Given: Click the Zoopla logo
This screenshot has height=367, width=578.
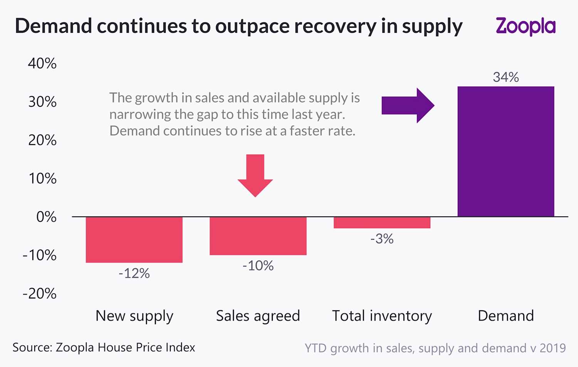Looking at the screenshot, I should click(525, 26).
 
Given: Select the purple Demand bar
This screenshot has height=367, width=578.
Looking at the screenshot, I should click(506, 152).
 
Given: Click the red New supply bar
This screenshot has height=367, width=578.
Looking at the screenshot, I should click(134, 239).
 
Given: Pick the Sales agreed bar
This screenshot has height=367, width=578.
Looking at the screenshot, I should click(258, 236).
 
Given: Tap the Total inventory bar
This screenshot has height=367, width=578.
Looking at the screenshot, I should click(382, 222).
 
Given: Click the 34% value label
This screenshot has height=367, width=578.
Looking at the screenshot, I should click(506, 77).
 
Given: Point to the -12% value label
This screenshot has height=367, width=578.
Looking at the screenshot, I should click(134, 273).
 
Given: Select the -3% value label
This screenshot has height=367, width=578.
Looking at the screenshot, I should click(382, 239).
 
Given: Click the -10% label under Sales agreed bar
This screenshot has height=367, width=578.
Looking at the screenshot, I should click(258, 266).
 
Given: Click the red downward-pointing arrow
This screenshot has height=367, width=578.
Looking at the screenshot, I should click(255, 175).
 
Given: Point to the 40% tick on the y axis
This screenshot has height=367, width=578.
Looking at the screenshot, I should click(42, 63).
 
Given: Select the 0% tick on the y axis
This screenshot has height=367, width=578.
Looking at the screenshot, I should click(46, 217).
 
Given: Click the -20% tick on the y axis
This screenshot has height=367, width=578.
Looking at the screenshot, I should click(40, 293).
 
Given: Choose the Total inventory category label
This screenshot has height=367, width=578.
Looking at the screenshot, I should click(382, 316).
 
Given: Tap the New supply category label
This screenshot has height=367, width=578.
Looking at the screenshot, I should click(134, 316).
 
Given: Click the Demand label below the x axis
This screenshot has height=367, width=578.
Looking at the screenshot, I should click(506, 316).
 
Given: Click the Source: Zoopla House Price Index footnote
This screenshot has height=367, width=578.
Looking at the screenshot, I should click(104, 347).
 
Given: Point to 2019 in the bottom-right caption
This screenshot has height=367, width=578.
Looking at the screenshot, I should click(553, 348).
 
